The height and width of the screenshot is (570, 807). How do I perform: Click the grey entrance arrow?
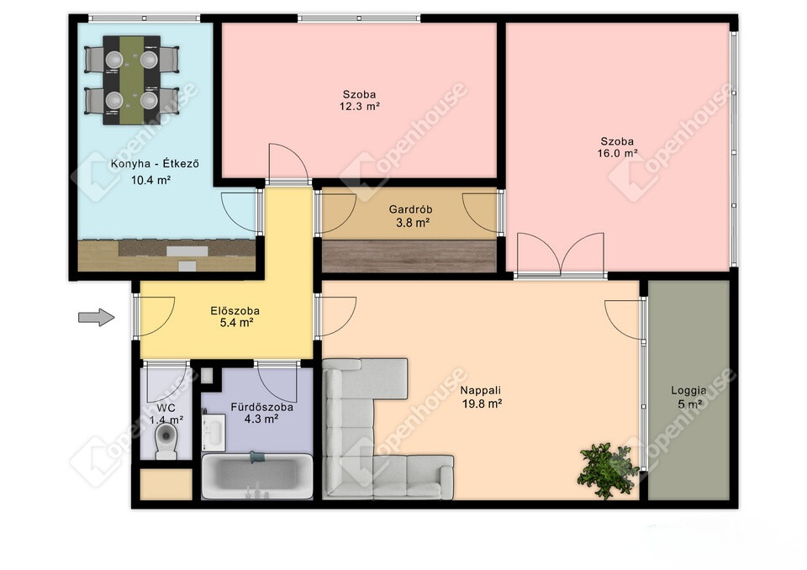96,317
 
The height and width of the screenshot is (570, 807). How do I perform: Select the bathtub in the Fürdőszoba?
257,477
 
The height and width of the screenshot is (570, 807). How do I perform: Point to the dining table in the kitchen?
132,80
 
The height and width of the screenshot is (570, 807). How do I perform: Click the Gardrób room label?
410,209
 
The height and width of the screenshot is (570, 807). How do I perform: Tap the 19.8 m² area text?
482,404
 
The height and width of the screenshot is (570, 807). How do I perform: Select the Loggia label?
688,391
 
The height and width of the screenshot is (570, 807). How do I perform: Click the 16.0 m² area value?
617,154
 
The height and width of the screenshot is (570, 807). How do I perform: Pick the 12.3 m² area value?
359,107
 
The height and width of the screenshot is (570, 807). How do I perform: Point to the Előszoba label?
235,311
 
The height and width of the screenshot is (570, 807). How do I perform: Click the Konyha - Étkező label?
155,164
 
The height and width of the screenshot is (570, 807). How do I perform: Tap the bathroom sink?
213,430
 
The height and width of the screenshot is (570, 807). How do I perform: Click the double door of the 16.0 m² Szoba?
561,254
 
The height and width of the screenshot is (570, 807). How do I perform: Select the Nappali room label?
480,390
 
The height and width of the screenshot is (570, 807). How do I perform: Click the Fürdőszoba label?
261,407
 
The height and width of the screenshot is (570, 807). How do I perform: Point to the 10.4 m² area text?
150,180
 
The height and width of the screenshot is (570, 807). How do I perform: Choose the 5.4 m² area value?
236,324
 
